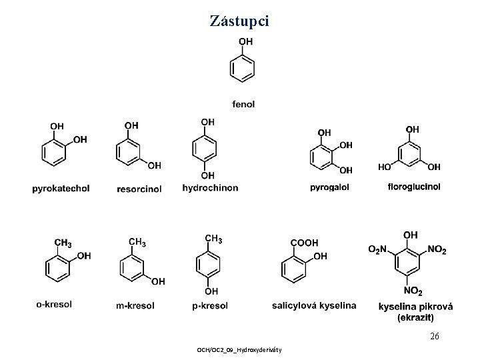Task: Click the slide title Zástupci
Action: (x=239, y=21)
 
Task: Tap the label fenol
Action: (x=243, y=103)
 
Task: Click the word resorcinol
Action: (x=139, y=189)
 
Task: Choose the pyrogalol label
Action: (x=329, y=188)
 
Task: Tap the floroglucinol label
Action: (x=413, y=187)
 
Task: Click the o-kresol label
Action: (x=54, y=305)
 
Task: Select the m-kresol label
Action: (x=135, y=306)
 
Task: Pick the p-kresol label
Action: (x=210, y=306)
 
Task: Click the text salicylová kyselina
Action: (x=314, y=306)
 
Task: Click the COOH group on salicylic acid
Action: (x=305, y=243)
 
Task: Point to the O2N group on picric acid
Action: (x=377, y=249)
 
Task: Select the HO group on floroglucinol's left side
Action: (x=385, y=167)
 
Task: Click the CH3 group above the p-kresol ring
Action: (x=214, y=239)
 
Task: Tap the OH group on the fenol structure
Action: (x=245, y=41)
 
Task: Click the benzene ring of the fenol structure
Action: (x=241, y=69)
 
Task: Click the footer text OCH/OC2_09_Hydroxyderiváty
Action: (x=239, y=350)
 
